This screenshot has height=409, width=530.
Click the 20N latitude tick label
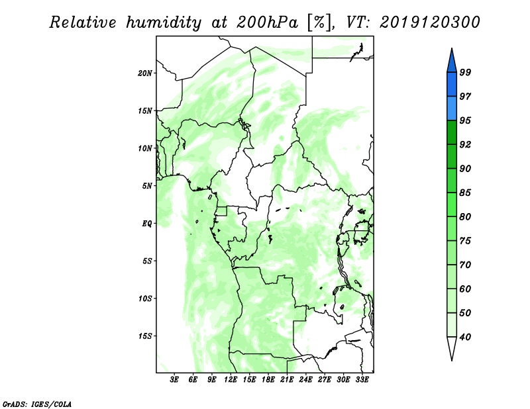145,73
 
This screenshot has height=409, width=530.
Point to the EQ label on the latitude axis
147,224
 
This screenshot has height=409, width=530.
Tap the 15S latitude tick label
145,336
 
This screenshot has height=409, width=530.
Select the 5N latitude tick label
147,186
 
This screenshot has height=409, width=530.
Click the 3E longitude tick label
174,380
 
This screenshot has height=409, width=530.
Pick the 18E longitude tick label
268,380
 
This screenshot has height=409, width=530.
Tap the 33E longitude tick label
362,380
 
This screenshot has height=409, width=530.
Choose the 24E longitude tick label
305,380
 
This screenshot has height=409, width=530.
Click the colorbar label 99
465,72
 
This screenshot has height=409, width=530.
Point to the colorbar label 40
465,337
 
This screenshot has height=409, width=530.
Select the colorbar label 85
465,193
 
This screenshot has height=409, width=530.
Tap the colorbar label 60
465,289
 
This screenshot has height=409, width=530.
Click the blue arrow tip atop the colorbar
452,48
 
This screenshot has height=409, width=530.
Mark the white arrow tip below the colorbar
452,360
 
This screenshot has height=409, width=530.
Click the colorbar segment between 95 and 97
452,109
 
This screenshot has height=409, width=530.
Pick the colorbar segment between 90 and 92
452,156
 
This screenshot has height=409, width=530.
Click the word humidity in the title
164,23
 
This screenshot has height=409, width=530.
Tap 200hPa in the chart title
267,23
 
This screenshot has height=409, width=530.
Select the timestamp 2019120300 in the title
429,23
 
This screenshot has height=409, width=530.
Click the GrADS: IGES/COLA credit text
37,404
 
